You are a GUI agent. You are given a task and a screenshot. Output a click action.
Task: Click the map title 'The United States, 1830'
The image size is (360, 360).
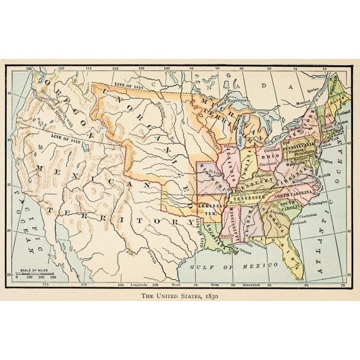click(x=179, y=296)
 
